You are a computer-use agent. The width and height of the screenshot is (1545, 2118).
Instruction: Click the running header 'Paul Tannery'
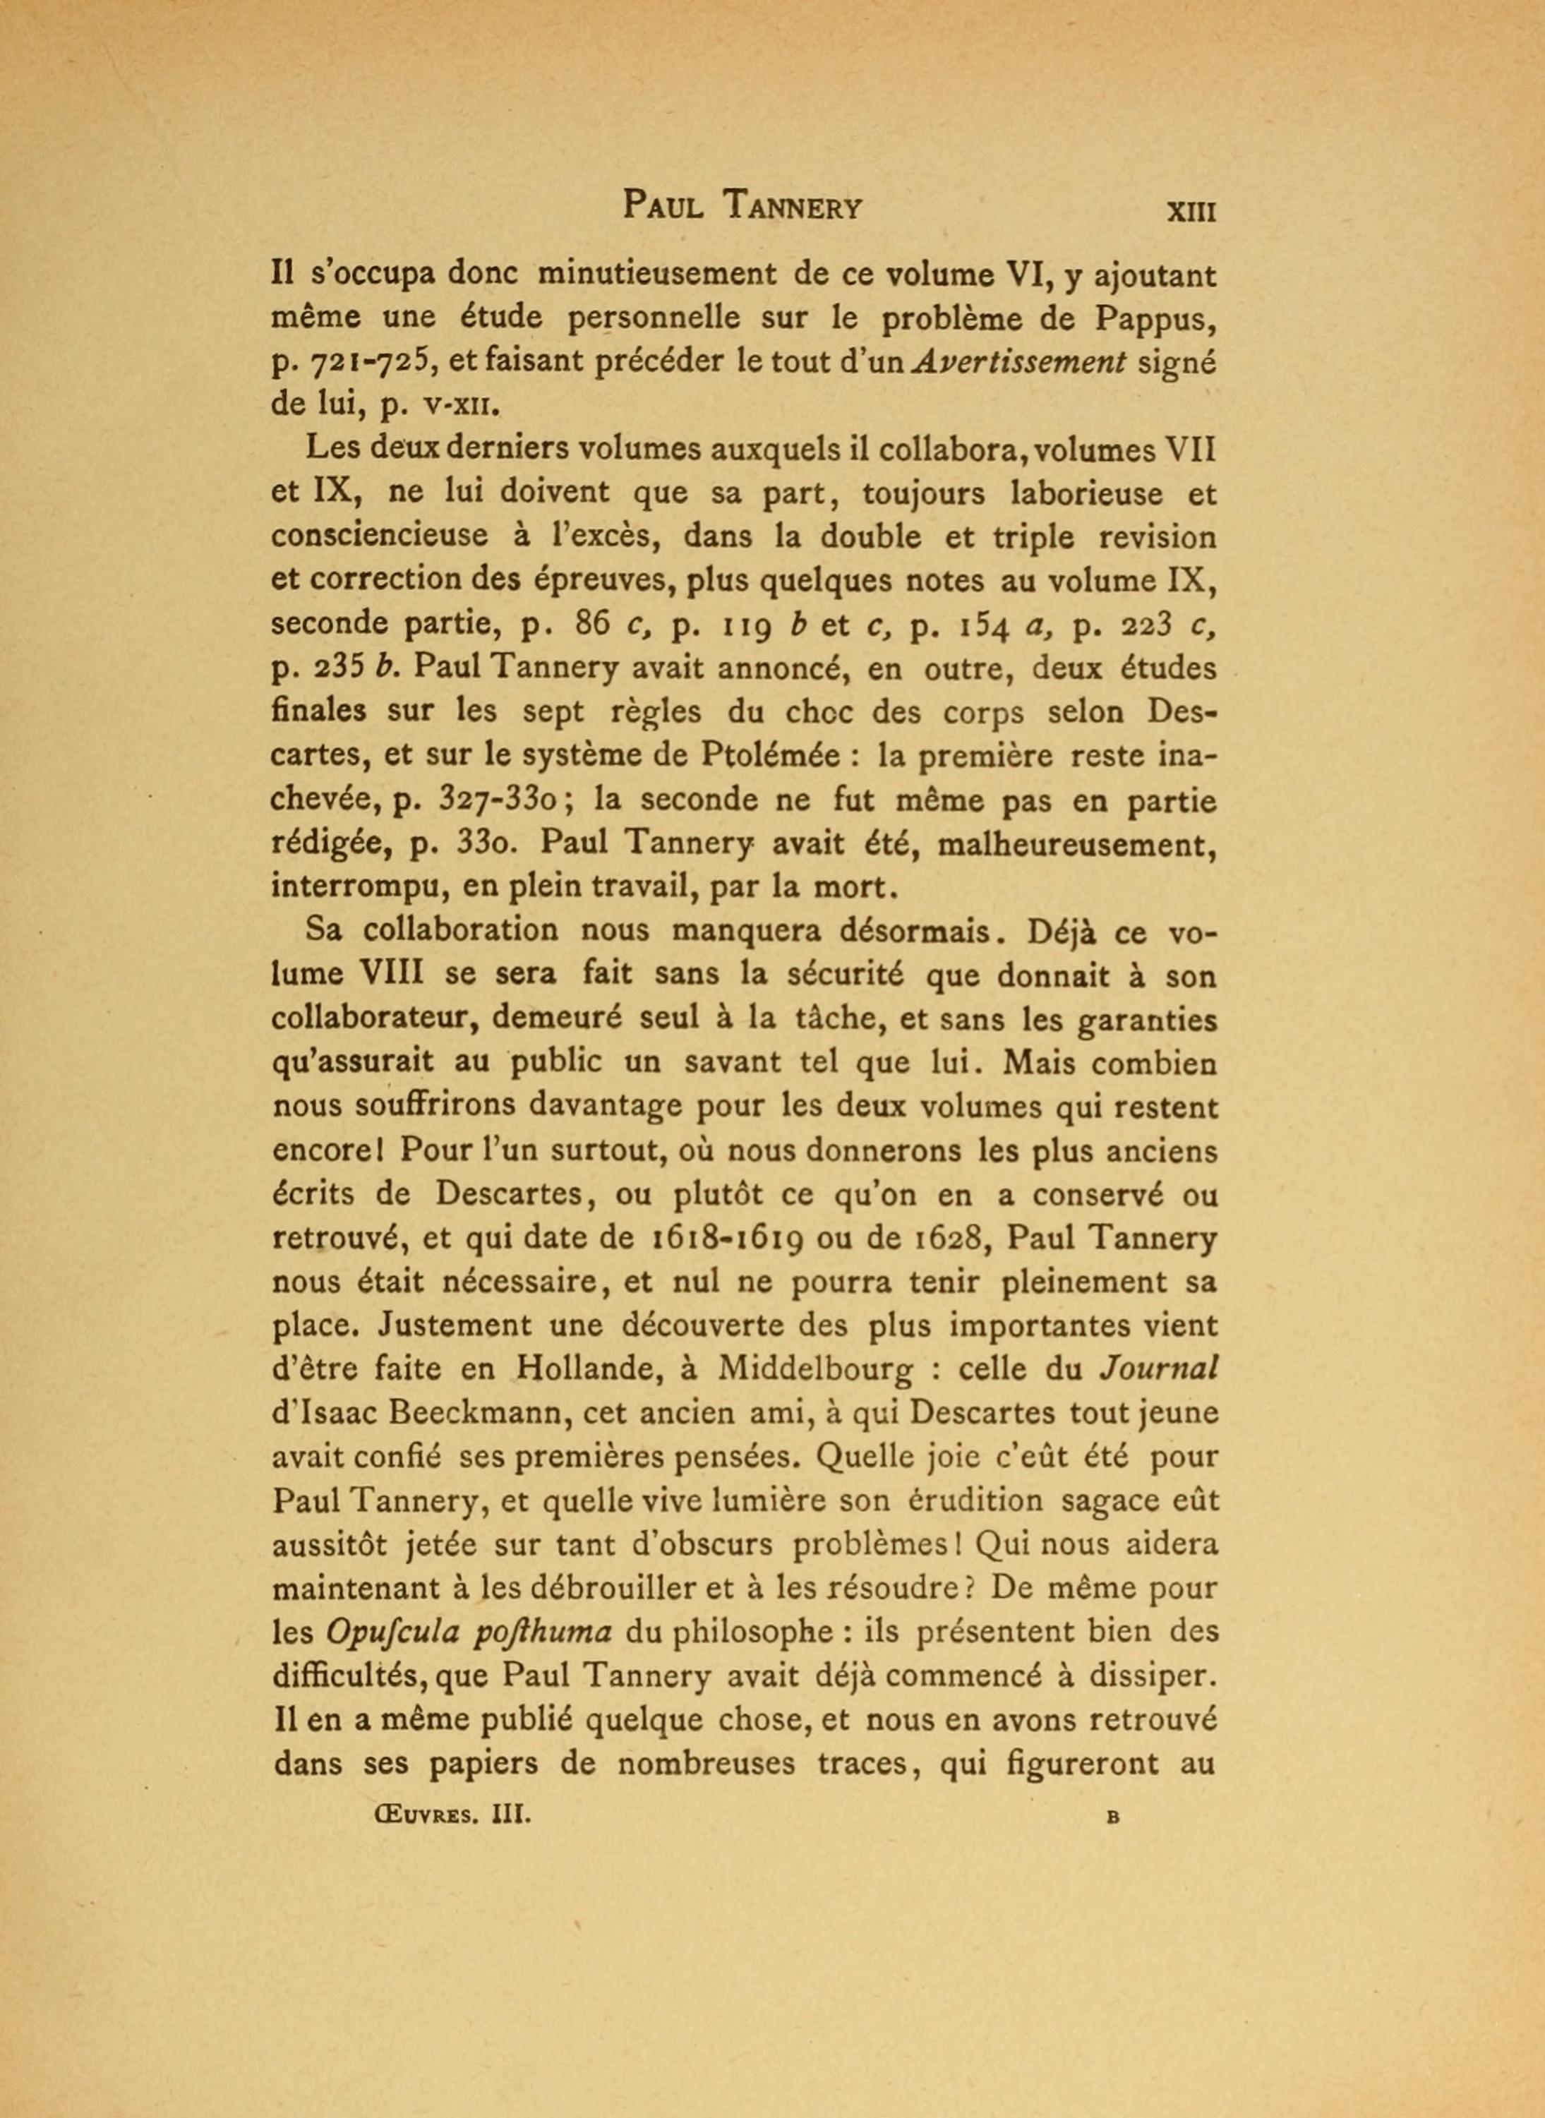point(743,205)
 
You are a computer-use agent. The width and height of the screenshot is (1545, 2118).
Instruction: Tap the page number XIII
point(1189,211)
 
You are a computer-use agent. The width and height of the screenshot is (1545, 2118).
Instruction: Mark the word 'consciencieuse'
point(380,537)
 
